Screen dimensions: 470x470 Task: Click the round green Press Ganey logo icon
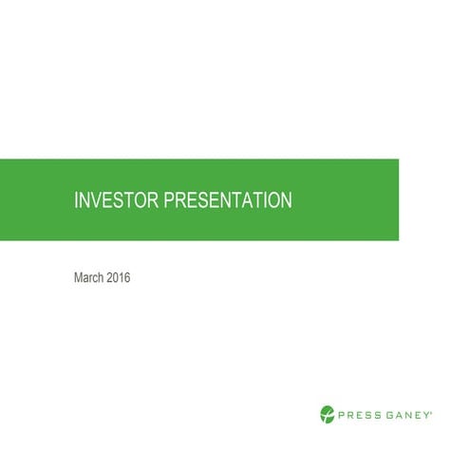(327, 413)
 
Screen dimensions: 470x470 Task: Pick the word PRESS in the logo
(357, 413)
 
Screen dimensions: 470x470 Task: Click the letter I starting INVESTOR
(76, 200)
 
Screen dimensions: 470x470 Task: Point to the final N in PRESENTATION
(286, 200)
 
